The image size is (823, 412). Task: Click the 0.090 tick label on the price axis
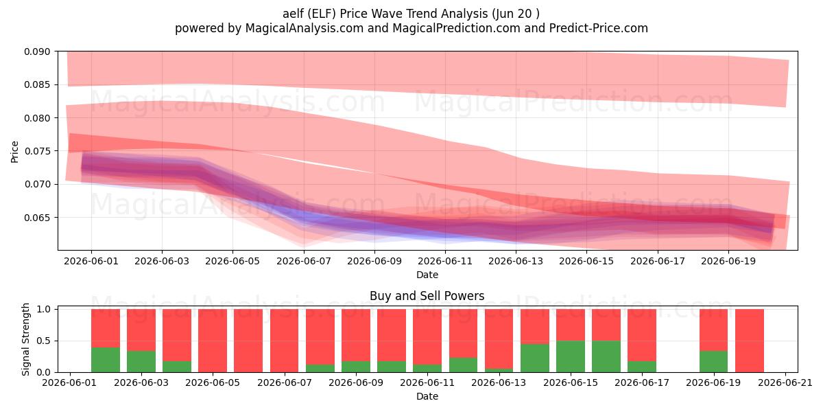[37, 51]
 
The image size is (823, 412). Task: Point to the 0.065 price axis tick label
[37, 218]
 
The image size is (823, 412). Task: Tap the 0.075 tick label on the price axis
[37, 151]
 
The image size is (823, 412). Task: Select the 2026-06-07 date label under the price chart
[303, 261]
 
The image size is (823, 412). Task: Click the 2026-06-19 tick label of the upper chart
[728, 261]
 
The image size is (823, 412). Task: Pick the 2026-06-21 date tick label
[785, 383]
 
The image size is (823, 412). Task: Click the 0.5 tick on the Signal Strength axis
[43, 341]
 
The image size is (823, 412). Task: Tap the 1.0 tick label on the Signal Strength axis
[43, 310]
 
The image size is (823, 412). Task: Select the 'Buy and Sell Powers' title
[427, 296]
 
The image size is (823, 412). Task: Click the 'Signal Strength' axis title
[25, 339]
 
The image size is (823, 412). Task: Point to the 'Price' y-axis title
[14, 152]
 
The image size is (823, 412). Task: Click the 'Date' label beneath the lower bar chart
[427, 397]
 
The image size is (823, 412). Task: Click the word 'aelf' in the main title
[294, 14]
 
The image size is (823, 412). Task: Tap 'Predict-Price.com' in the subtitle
[599, 28]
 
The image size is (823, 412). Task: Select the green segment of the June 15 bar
[571, 356]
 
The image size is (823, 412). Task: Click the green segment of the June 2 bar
[106, 360]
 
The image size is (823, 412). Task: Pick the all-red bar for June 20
[750, 341]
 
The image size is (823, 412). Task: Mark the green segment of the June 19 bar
[713, 362]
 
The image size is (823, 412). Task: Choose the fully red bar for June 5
[213, 341]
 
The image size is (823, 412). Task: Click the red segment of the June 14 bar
[535, 326]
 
